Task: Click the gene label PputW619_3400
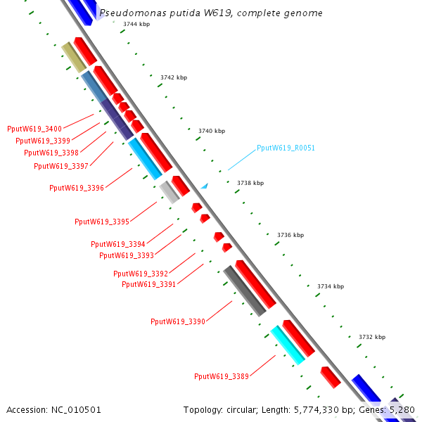point(34,129)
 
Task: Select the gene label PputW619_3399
point(43,141)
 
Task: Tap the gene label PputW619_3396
point(77,188)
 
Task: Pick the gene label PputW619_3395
point(102,222)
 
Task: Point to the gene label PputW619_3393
point(127,255)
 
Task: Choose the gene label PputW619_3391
point(149,284)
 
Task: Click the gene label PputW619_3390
point(178,321)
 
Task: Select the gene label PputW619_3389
point(222,376)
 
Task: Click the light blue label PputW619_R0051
point(286,148)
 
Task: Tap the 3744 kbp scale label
point(136,24)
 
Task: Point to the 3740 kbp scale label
point(212,131)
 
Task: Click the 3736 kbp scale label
point(290,235)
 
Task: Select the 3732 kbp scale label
point(372,337)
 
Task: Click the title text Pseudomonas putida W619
point(211,13)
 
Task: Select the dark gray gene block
point(244,290)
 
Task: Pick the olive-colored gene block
point(73,57)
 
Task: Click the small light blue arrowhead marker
point(205,186)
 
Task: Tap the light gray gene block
point(169,192)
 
